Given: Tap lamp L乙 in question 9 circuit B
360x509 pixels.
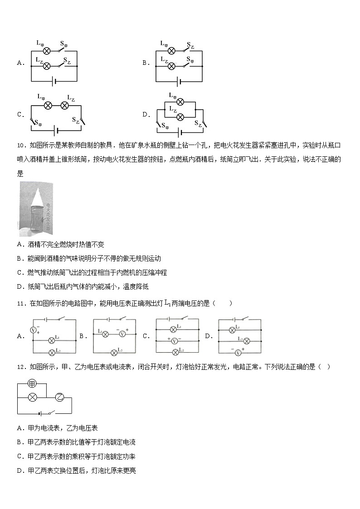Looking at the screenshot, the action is point(171,66).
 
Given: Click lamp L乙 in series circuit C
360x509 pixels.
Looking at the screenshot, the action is point(65,106).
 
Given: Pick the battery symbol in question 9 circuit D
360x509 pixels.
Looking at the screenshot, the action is point(180,132).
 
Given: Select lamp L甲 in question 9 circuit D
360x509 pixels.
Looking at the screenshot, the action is point(180,102).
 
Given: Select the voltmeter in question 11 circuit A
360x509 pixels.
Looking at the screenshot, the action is point(33,330).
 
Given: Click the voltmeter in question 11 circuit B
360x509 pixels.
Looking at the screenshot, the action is point(122,334).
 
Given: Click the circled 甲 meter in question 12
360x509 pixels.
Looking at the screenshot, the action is point(32,383).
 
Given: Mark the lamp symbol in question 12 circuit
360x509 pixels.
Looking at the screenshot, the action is point(32,398).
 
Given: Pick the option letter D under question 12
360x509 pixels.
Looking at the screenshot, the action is point(19,471).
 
